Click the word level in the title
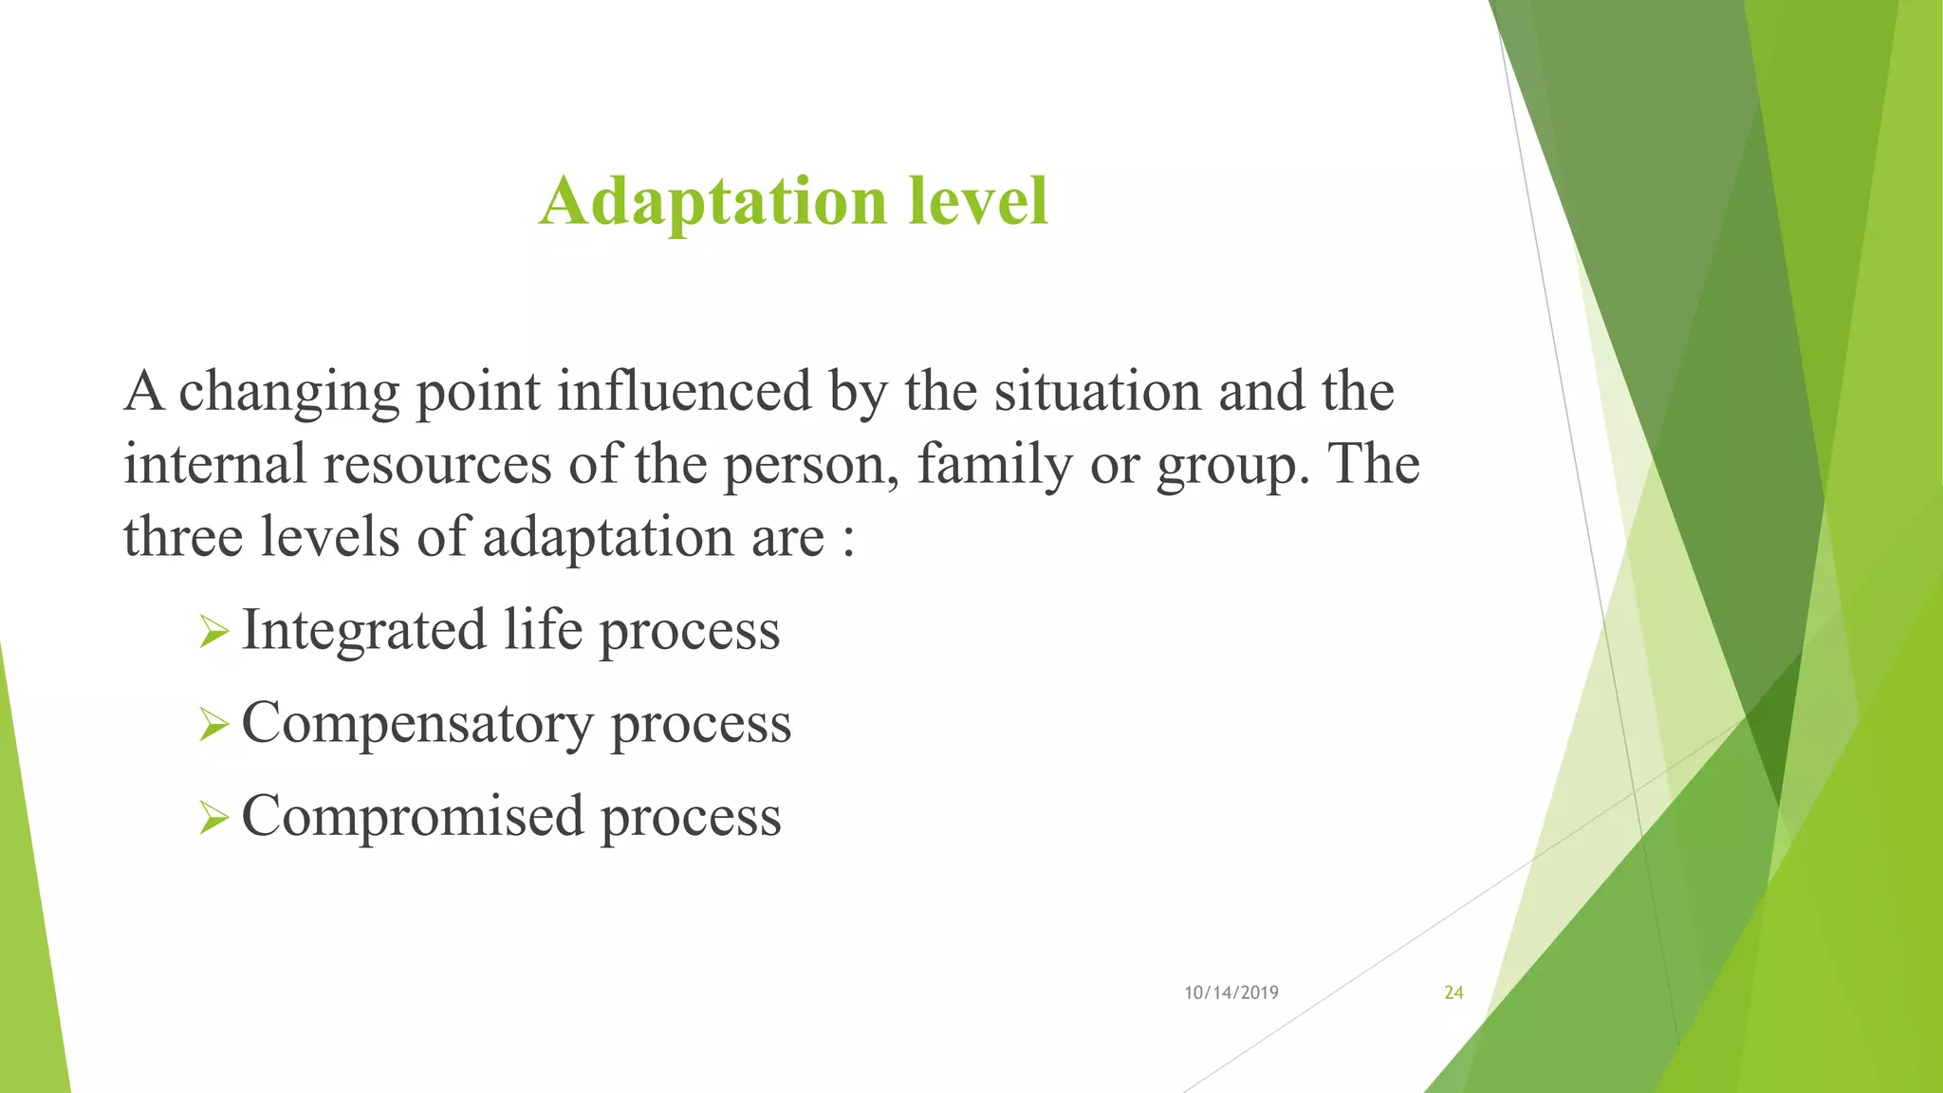point(977,200)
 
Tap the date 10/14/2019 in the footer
point(1231,992)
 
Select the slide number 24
point(1453,992)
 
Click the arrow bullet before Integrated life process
point(214,632)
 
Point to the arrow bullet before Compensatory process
point(214,726)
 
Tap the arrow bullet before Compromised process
point(214,818)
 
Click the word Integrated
point(364,631)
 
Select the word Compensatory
point(416,724)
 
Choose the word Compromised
point(412,816)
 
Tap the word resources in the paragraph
point(437,464)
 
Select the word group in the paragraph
point(1225,466)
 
